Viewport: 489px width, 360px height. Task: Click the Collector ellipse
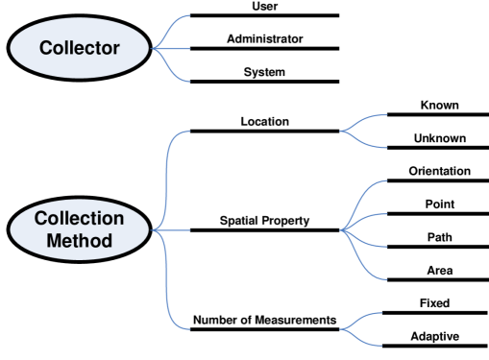pos(80,47)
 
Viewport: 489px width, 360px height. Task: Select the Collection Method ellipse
pos(80,229)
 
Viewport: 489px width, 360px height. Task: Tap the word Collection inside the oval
pos(80,219)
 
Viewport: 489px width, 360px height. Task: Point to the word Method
pos(80,240)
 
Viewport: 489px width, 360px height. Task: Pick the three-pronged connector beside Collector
pos(171,48)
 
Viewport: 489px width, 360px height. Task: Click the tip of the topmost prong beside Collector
pos(190,16)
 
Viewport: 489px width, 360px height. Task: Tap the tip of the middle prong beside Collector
pos(190,48)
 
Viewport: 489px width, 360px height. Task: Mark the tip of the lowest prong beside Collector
pos(190,82)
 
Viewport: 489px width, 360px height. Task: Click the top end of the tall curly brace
pos(191,131)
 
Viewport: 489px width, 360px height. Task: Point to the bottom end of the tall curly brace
pos(191,329)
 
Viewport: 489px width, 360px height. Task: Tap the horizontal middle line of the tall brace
pos(178,230)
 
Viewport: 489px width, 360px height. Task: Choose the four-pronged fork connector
pos(365,230)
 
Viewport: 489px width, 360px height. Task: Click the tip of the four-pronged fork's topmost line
pos(387,180)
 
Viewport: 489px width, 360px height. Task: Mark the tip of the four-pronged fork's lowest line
pos(387,280)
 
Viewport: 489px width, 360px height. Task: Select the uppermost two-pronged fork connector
pos(365,132)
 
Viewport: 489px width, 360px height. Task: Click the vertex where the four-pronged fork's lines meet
pos(342,230)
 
